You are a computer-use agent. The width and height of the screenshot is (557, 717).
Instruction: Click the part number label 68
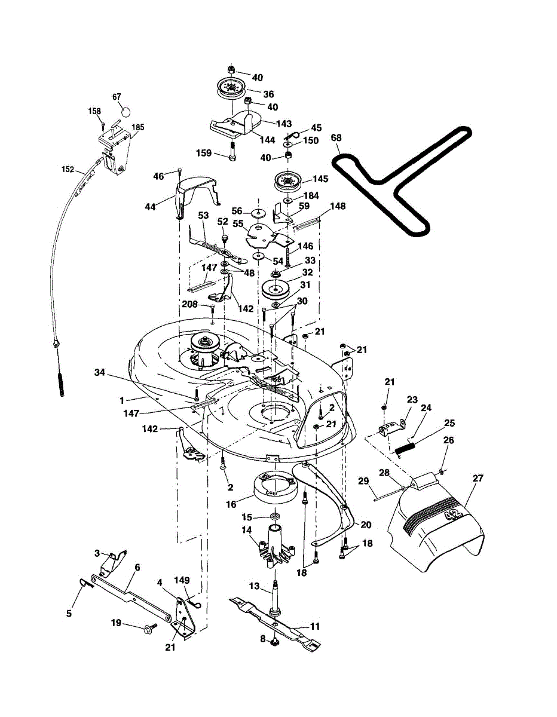point(336,139)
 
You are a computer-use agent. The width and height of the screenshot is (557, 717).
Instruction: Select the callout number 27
point(478,478)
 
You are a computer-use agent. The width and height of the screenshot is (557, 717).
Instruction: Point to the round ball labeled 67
point(126,111)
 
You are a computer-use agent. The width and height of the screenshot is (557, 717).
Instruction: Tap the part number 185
point(138,127)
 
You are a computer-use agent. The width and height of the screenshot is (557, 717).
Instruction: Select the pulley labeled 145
point(286,180)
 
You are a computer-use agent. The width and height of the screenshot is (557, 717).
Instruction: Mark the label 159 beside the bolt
point(204,154)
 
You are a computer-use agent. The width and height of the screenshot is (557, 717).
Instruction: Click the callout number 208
point(189,305)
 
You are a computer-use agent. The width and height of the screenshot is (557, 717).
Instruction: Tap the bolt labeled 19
point(147,627)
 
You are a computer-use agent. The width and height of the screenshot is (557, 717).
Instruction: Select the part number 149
point(182,580)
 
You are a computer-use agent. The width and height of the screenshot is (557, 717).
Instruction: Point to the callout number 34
point(100,373)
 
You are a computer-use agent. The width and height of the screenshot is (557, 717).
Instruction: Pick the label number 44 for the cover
point(149,206)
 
